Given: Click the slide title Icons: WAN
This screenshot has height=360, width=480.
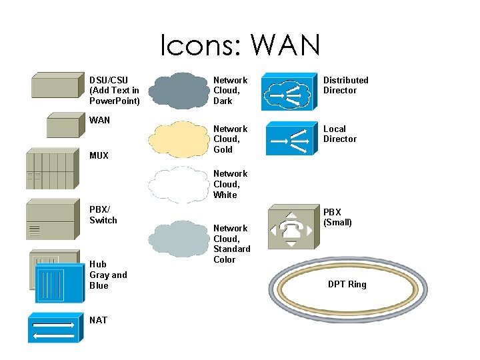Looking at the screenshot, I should tap(240, 45).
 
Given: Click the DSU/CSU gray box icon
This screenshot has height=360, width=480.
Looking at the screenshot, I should tap(57, 86).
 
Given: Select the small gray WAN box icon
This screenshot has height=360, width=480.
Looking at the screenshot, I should tap(63, 125).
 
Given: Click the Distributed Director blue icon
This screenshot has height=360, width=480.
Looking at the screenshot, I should tap(289, 93).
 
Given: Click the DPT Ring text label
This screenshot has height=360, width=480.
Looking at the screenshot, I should tap(347, 285).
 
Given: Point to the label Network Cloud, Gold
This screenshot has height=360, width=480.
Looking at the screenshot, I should tap(230, 139).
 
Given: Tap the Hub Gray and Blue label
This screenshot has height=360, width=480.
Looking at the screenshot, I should tap(108, 275).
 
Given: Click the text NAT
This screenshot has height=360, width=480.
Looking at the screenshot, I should tap(98, 320).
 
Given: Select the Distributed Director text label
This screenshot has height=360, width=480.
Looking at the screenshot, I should tap(345, 85).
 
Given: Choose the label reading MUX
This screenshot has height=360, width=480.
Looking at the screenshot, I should tap(99, 155).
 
